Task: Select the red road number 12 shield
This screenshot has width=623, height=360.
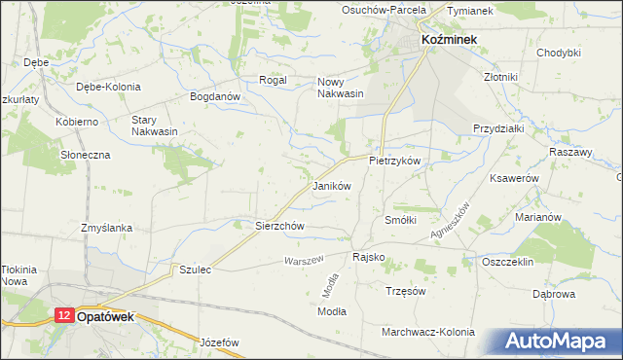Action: pyautogui.click(x=63, y=316)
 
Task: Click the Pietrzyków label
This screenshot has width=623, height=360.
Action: pyautogui.click(x=394, y=159)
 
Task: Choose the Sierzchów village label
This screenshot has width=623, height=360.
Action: pyautogui.click(x=280, y=226)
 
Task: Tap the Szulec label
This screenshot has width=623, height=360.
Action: pyautogui.click(x=195, y=269)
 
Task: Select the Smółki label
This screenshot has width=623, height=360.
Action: pyautogui.click(x=401, y=220)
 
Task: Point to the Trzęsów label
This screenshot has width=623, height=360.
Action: pyautogui.click(x=407, y=291)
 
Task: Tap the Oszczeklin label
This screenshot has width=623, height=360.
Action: pyautogui.click(x=509, y=261)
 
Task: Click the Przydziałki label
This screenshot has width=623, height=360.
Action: pyautogui.click(x=498, y=128)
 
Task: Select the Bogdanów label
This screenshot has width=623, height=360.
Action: pyautogui.click(x=215, y=97)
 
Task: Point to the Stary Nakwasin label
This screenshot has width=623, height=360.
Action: pyautogui.click(x=154, y=126)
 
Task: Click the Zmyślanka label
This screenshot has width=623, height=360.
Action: pyautogui.click(x=107, y=228)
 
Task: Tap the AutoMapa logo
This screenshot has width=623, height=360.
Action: pyautogui.click(x=561, y=341)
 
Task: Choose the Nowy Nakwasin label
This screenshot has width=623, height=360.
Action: pyautogui.click(x=341, y=88)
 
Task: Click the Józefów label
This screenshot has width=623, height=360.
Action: pyautogui.click(x=219, y=342)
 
